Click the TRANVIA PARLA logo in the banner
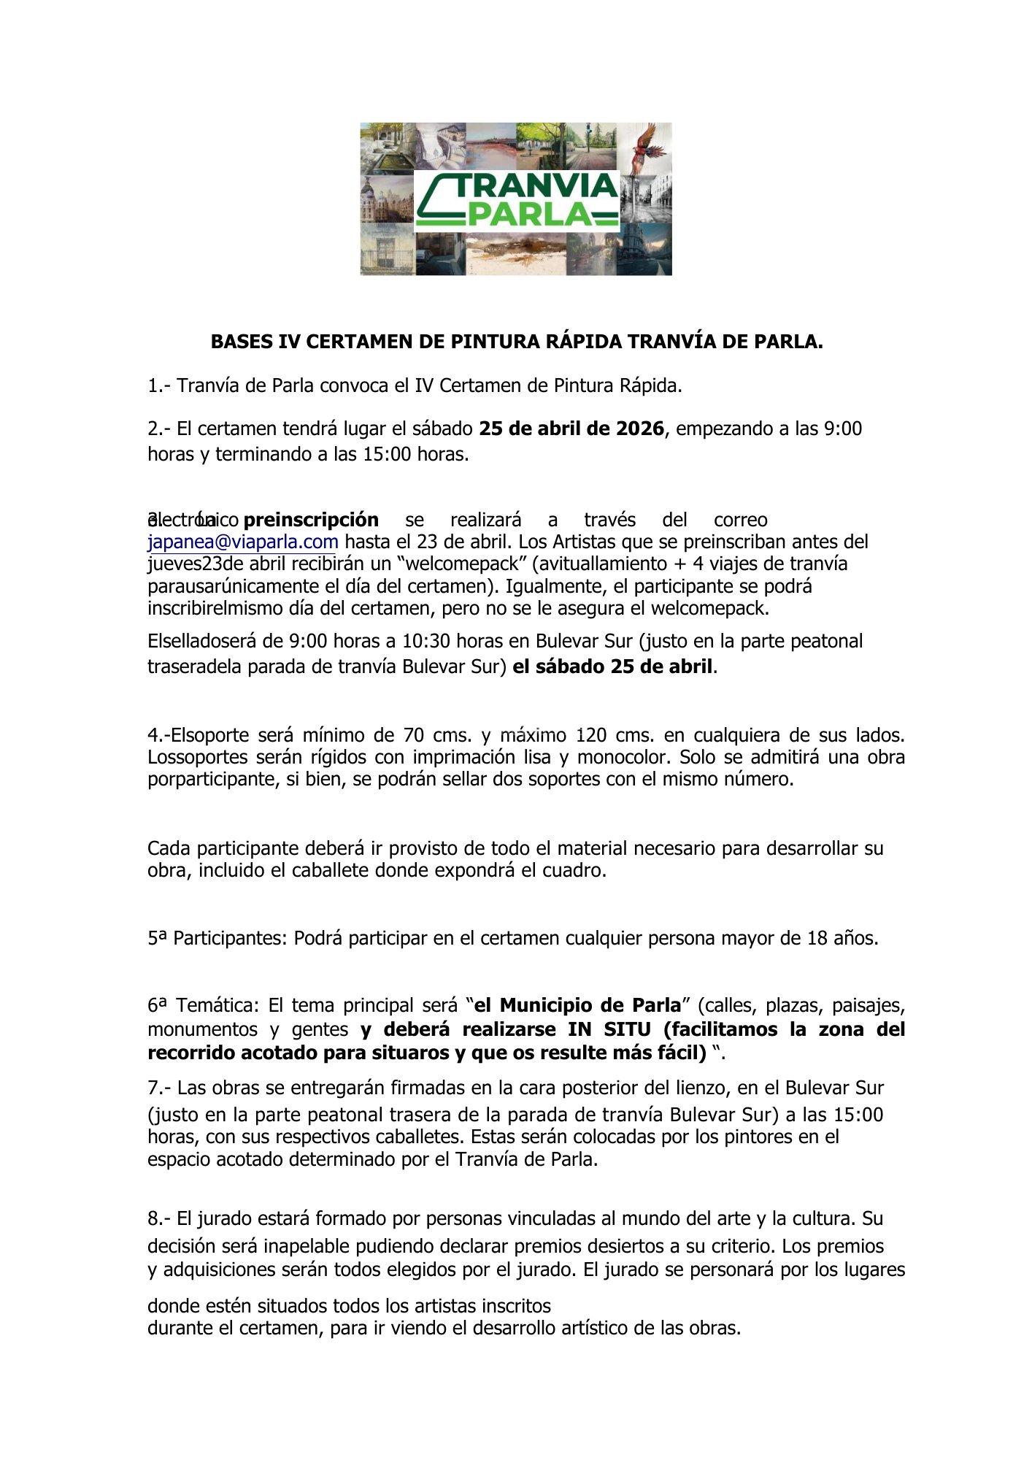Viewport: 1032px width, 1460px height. (x=516, y=199)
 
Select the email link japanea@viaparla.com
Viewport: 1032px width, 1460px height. (x=243, y=542)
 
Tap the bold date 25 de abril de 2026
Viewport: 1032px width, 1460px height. (x=571, y=429)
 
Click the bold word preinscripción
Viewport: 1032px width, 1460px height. (x=311, y=520)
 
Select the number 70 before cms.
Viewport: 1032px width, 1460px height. (x=413, y=734)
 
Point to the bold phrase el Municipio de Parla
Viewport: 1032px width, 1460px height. (x=577, y=1006)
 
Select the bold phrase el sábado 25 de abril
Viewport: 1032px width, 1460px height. (x=612, y=666)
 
